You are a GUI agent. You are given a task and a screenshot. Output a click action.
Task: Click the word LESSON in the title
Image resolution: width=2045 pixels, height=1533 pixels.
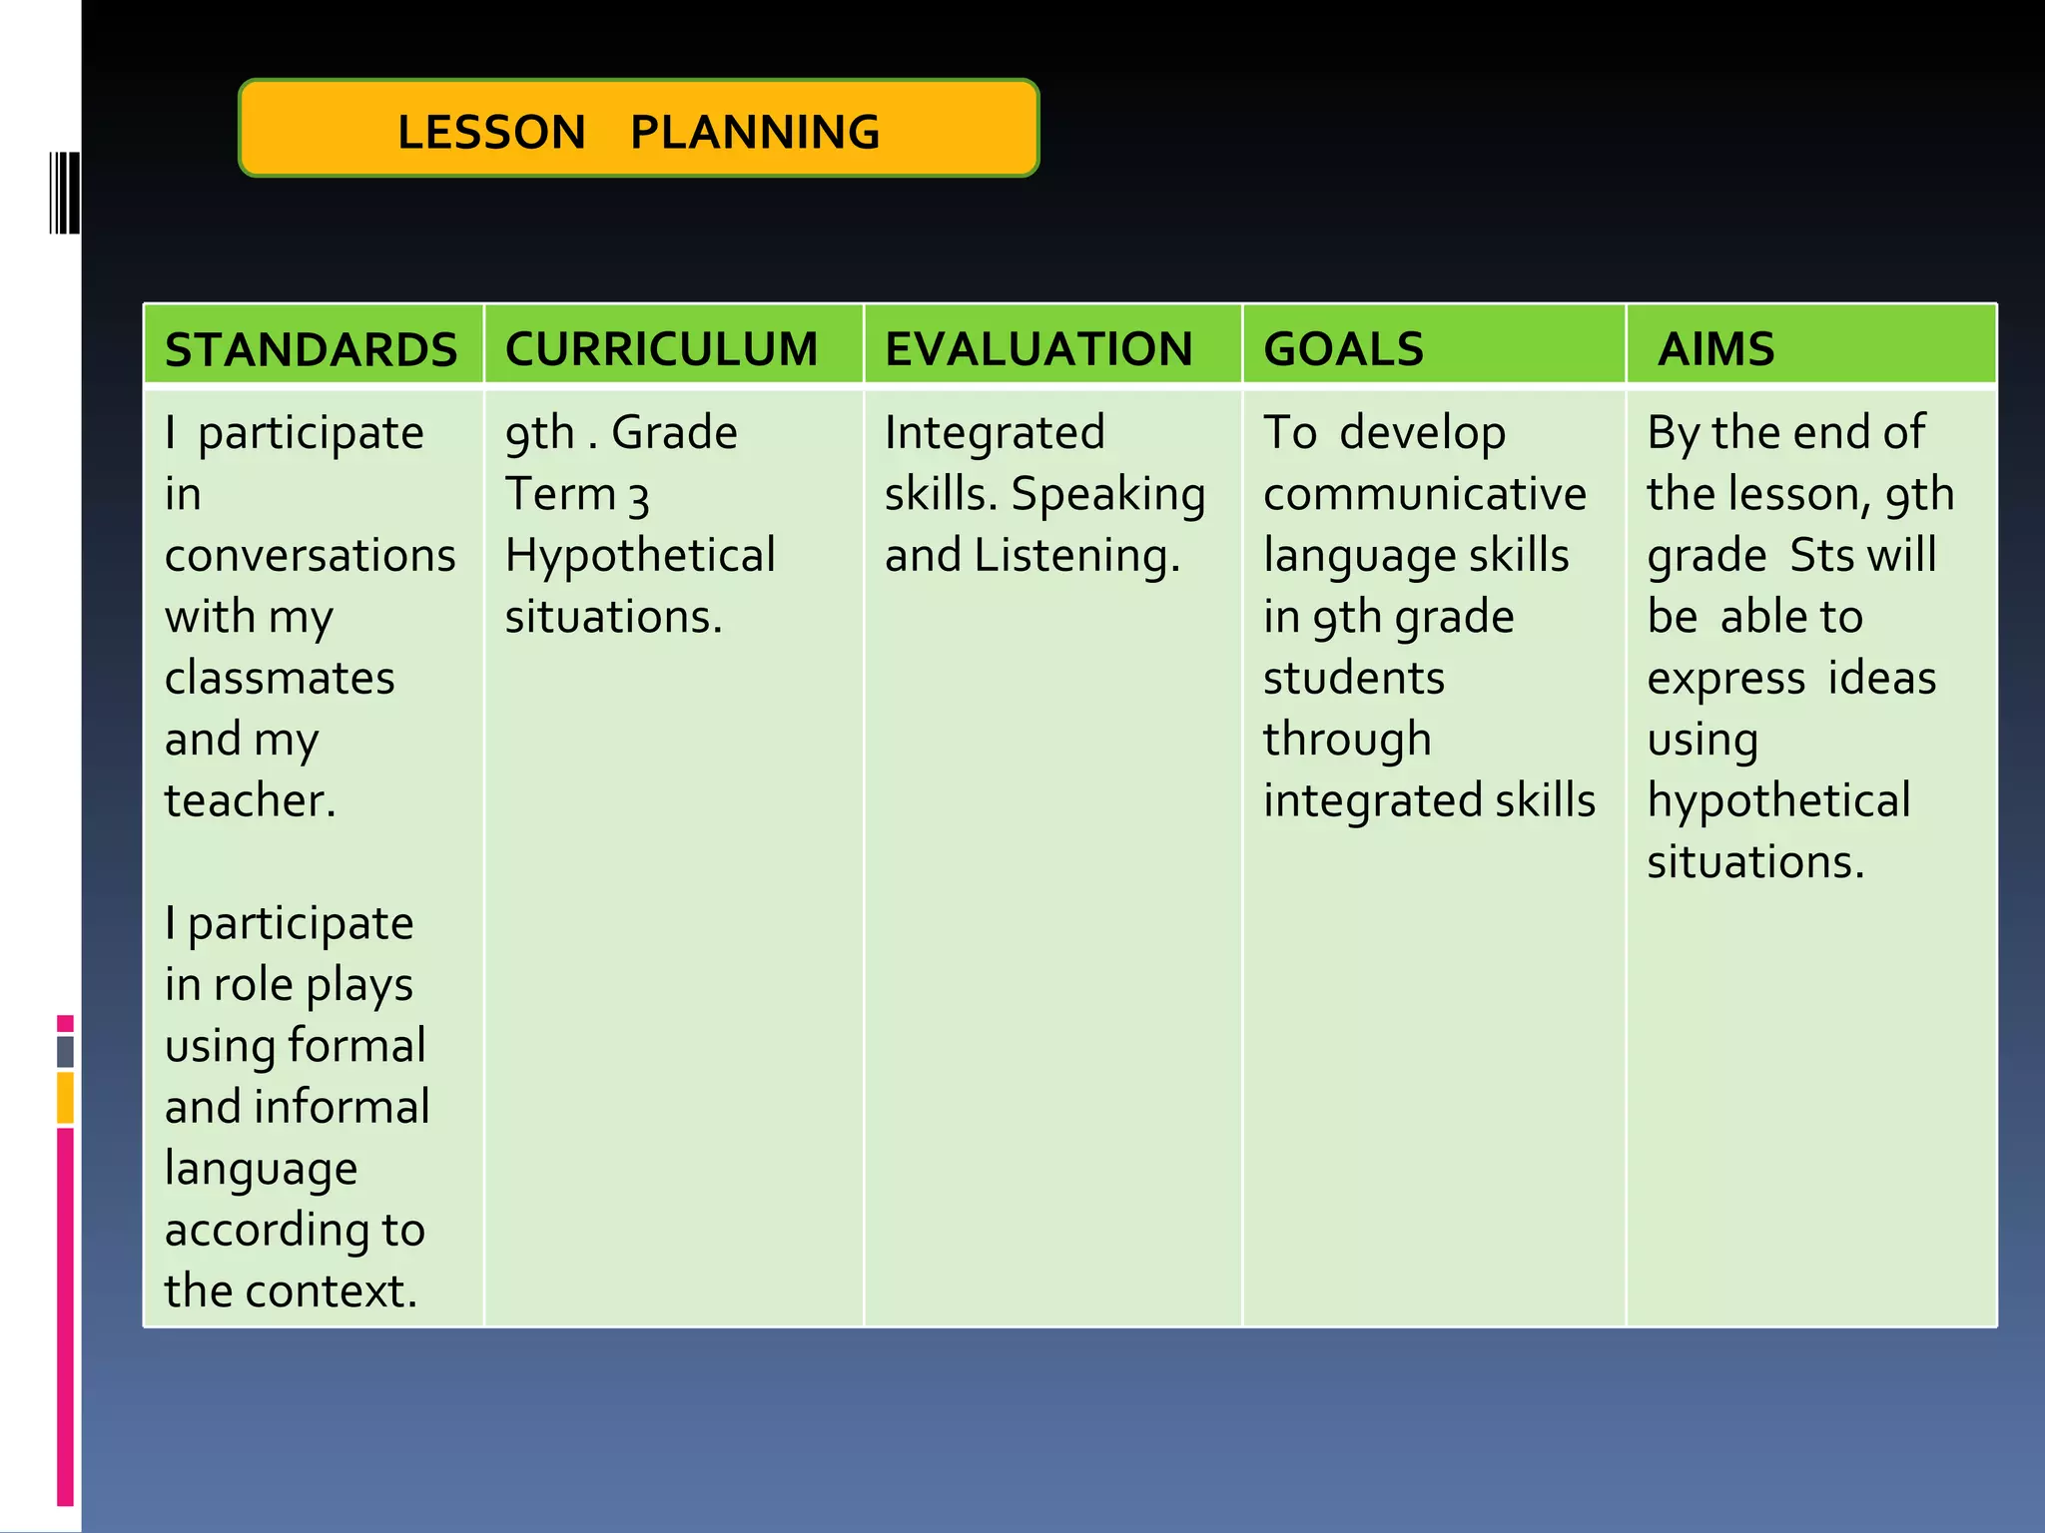491,133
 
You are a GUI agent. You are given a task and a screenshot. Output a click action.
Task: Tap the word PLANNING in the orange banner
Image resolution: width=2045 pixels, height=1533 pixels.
755,133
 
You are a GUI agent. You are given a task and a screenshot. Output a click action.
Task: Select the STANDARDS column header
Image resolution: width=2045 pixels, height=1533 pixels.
311,349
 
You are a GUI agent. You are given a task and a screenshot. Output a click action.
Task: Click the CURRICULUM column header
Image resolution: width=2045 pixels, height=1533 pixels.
661,349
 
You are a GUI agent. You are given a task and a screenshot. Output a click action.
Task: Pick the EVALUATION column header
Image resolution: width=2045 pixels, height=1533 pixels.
1038,349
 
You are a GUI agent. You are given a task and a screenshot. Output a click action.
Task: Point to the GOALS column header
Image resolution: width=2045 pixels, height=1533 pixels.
1343,349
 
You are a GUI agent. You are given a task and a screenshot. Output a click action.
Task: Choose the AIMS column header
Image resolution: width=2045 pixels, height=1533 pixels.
1715,349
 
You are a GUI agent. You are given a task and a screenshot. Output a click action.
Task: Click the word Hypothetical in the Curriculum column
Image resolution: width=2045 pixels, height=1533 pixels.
640,556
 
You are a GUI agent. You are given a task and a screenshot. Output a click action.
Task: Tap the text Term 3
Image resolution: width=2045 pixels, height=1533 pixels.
577,495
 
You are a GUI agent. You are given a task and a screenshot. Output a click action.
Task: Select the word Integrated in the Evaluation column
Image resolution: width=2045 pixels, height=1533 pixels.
995,433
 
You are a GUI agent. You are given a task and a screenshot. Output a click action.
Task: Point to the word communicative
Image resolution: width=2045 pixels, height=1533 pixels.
1424,495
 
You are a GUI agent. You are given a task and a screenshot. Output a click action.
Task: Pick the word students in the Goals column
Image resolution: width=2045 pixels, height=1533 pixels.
1353,679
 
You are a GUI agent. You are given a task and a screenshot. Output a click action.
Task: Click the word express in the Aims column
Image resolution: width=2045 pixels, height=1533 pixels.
1725,680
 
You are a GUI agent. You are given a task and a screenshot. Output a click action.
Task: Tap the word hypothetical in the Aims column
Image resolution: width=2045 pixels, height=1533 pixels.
1778,801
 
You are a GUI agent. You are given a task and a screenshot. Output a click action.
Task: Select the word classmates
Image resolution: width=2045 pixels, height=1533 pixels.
280,679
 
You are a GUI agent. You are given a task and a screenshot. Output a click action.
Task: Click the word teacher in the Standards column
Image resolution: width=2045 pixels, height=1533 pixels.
248,801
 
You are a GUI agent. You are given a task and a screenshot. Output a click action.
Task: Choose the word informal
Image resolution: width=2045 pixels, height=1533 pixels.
341,1108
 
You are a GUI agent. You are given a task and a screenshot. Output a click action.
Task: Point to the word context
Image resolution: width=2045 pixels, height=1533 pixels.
331,1291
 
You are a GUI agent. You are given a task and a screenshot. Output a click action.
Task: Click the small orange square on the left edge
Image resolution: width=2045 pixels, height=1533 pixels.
65,1098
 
